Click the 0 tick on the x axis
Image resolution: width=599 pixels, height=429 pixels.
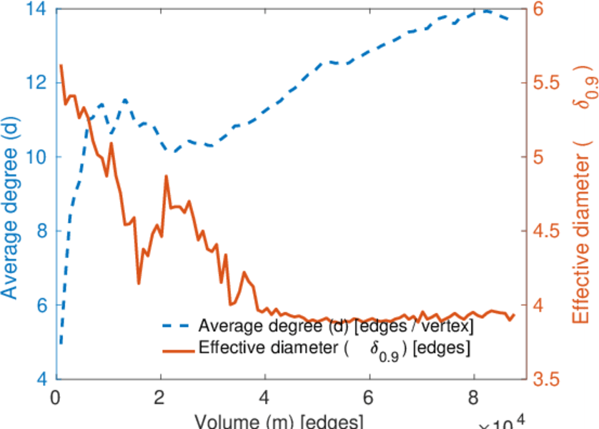(56, 396)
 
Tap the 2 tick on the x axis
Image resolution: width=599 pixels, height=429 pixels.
(160, 396)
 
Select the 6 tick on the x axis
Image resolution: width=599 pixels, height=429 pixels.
(369, 396)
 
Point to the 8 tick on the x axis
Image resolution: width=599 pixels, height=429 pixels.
(473, 396)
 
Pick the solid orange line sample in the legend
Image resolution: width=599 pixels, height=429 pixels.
(178, 350)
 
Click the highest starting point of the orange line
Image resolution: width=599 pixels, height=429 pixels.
(61, 66)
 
